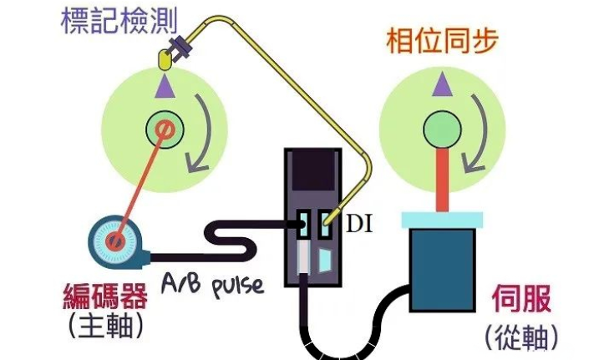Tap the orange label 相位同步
click(x=438, y=40)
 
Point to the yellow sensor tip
click(x=165, y=59)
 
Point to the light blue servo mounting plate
click(x=443, y=220)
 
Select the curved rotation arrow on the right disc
click(x=479, y=134)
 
